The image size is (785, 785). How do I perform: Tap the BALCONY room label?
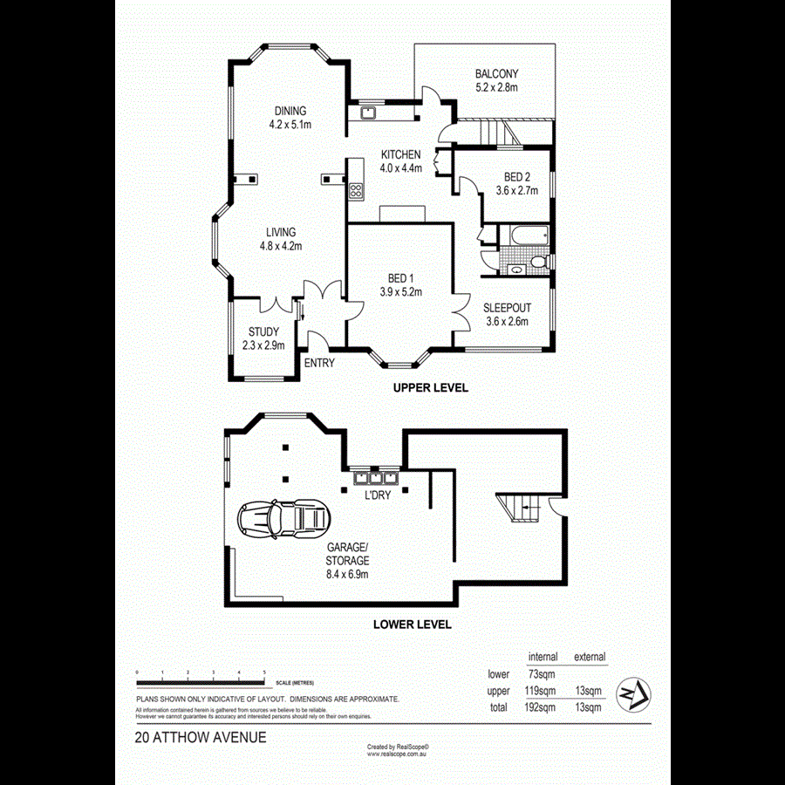tap(496, 74)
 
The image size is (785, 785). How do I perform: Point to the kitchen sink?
tap(368, 112)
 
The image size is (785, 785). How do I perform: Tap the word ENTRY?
tap(319, 364)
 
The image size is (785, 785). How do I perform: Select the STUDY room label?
tap(263, 332)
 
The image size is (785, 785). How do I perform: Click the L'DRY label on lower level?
tap(377, 495)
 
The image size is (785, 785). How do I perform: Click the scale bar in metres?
tap(201, 681)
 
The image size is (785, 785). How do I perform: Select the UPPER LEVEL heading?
tap(430, 388)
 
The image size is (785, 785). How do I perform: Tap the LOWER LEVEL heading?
tap(412, 625)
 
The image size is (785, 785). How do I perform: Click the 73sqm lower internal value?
tap(542, 674)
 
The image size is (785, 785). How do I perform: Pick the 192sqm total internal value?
tap(539, 707)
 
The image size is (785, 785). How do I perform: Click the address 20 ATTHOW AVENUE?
tap(201, 737)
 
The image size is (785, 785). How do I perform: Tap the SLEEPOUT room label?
tap(507, 308)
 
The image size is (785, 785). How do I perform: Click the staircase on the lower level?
tap(517, 506)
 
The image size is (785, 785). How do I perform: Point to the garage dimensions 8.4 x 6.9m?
tap(347, 575)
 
